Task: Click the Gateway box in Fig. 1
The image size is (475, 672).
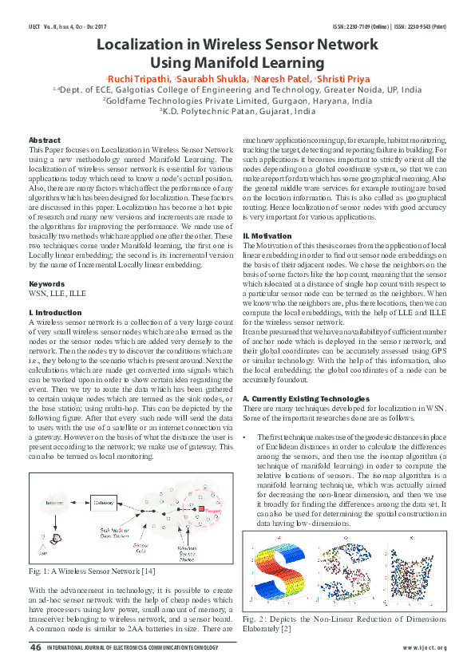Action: (x=103, y=502)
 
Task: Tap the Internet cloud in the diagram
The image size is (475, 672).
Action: (x=55, y=503)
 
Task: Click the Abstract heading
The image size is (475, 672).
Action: (x=45, y=140)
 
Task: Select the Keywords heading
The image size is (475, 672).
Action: (x=47, y=284)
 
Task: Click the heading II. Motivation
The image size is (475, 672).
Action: (x=269, y=235)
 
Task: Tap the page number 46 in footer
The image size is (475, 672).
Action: (x=35, y=648)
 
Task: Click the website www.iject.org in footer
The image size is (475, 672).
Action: (x=425, y=649)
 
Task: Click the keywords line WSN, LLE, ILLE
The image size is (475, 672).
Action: (x=57, y=293)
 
